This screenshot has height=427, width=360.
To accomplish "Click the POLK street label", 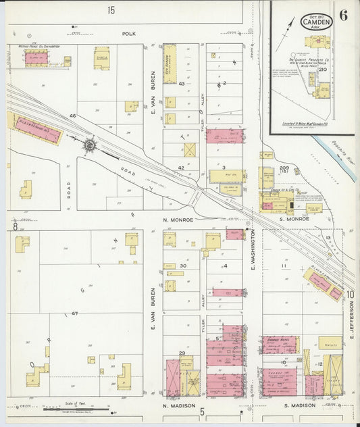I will tap(129, 32).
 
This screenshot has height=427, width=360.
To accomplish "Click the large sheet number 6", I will tap(344, 16).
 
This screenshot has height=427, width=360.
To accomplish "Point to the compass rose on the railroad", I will tap(89, 144).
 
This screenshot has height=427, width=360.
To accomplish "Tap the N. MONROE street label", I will tap(178, 220).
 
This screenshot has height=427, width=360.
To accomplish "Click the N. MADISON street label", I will tap(178, 406).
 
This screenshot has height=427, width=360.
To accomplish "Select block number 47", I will tap(74, 313).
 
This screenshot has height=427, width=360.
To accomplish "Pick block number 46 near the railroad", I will tap(72, 117).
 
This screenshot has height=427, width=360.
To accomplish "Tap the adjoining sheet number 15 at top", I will tap(111, 9).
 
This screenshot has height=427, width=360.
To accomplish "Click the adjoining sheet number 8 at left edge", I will tap(14, 227).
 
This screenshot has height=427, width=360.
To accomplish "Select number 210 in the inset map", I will tap(322, 70).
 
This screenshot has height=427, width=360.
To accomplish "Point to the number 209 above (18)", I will tap(284, 168).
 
